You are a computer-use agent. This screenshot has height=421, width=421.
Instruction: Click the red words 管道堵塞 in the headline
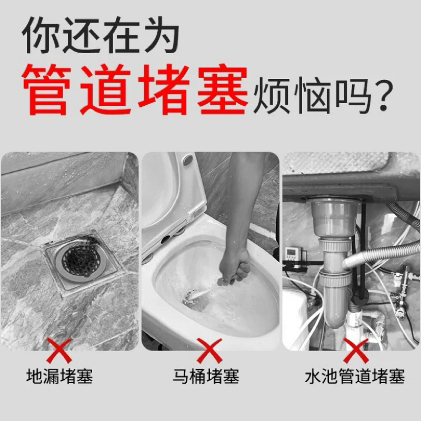[135, 89]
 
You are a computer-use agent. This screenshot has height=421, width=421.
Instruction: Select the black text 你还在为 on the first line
[100, 35]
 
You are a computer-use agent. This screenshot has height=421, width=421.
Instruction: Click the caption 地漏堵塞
[59, 376]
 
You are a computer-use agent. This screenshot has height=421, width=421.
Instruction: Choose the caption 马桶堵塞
[206, 376]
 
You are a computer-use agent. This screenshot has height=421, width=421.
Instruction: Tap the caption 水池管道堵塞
[355, 376]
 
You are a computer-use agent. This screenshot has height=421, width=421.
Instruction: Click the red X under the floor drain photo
[59, 350]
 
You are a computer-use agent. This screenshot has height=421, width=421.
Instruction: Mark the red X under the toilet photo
[209, 350]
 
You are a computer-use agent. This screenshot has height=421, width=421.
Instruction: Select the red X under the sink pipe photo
[356, 350]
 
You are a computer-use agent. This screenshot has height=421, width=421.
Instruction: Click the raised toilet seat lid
[172, 199]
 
